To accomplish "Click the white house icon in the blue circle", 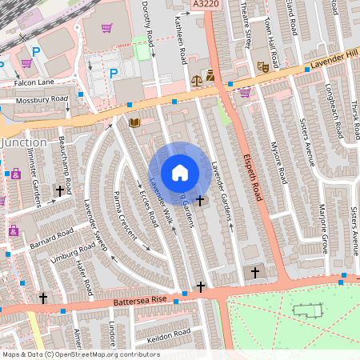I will [x=180, y=173].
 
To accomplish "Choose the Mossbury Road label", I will [x=43, y=100].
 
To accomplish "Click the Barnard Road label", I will [x=51, y=238].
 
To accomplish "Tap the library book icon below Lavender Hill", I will [x=134, y=122].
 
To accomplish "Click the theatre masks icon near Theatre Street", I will [x=262, y=68].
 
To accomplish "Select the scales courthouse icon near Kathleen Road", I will [x=198, y=80].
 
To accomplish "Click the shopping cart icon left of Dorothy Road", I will [x=106, y=28].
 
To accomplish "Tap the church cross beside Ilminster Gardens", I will [x=59, y=191].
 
